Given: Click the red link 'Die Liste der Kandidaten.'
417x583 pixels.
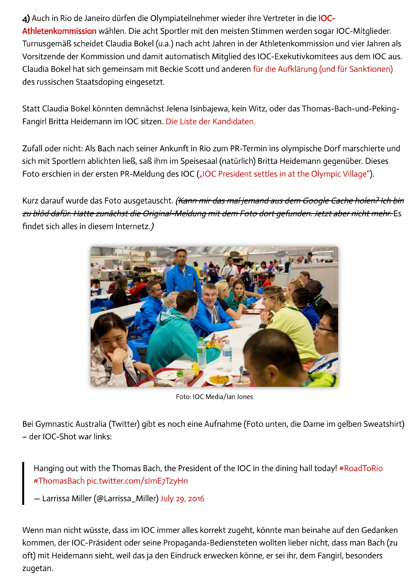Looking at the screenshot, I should tap(210, 121).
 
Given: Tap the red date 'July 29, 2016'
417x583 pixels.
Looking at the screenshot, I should tap(182, 498).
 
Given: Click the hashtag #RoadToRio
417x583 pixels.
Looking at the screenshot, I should tap(361, 468).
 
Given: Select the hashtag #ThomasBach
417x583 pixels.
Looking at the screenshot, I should tap(59, 481).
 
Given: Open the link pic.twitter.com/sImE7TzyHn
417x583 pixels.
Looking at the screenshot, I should tap(137, 481).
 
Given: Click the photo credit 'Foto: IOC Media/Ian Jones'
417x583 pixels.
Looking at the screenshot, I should tap(214, 397).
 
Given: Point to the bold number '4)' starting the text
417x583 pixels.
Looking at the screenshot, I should tap(26, 18).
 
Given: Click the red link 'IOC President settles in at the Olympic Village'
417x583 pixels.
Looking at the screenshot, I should tap(284, 174).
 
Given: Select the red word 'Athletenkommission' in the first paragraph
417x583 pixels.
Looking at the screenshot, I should tap(59, 31).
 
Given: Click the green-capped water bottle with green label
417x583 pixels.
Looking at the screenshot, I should tap(201, 353).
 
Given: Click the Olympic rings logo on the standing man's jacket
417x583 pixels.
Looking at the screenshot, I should tap(190, 275).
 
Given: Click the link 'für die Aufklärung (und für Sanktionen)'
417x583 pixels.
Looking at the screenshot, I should tap(323, 69).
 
